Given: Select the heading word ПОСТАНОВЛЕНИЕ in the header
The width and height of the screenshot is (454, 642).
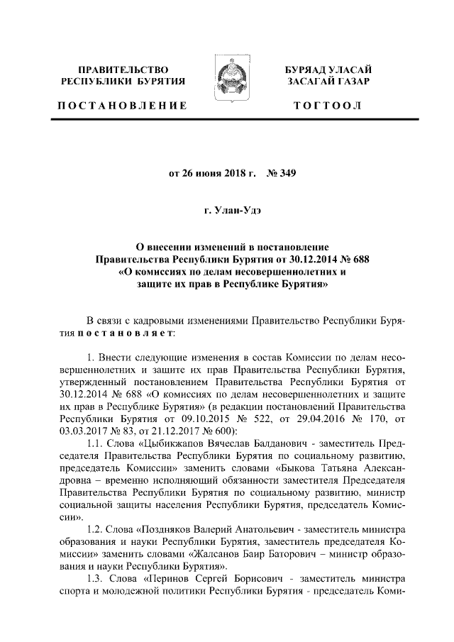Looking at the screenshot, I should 123,106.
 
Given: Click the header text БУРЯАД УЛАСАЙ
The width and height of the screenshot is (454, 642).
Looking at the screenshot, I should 332,70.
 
